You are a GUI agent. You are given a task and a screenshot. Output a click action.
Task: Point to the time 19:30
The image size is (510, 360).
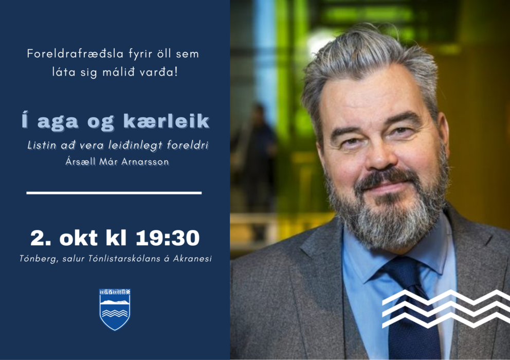[x=168, y=238]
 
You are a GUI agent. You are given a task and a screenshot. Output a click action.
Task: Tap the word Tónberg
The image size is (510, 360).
[x=35, y=259]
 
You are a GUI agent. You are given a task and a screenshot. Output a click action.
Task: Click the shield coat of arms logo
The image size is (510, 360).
[x=115, y=309]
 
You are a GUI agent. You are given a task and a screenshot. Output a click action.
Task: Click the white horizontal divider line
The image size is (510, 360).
[x=114, y=193]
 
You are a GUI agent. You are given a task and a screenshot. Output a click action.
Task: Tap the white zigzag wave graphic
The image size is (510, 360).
[x=445, y=308]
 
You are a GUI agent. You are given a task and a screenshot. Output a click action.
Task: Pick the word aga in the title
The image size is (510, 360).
[x=61, y=122]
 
